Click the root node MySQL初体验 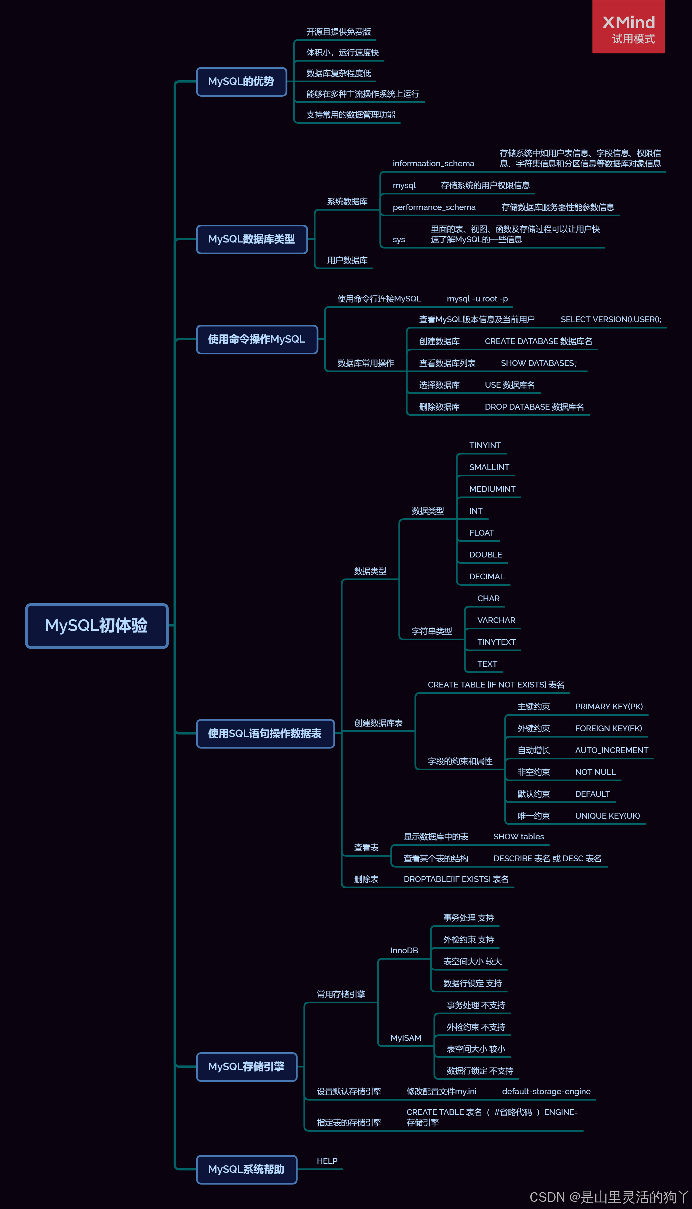(x=96, y=626)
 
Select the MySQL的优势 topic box (x=241, y=82)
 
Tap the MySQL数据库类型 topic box (x=251, y=239)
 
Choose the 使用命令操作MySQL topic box (x=257, y=339)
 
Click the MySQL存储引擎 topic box (x=246, y=1067)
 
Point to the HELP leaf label (x=327, y=1161)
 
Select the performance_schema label (x=434, y=207)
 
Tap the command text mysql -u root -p (x=477, y=299)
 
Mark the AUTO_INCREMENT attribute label (x=611, y=750)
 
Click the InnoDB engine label (x=404, y=951)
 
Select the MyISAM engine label (x=406, y=1038)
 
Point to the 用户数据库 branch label (x=347, y=260)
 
